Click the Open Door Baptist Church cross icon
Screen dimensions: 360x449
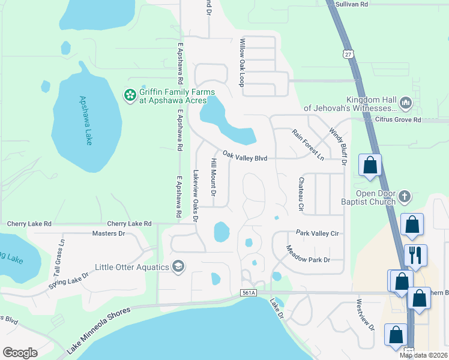click(x=405, y=196)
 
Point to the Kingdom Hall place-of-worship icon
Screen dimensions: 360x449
click(x=405, y=104)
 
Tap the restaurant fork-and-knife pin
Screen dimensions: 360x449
click(x=415, y=255)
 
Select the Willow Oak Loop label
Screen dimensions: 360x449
click(x=243, y=62)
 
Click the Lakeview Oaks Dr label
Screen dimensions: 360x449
click(x=195, y=195)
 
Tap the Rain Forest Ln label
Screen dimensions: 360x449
click(x=308, y=145)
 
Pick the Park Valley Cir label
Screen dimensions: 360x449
click(x=318, y=233)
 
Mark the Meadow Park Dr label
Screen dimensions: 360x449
click(x=308, y=254)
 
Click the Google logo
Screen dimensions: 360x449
click(x=20, y=352)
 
